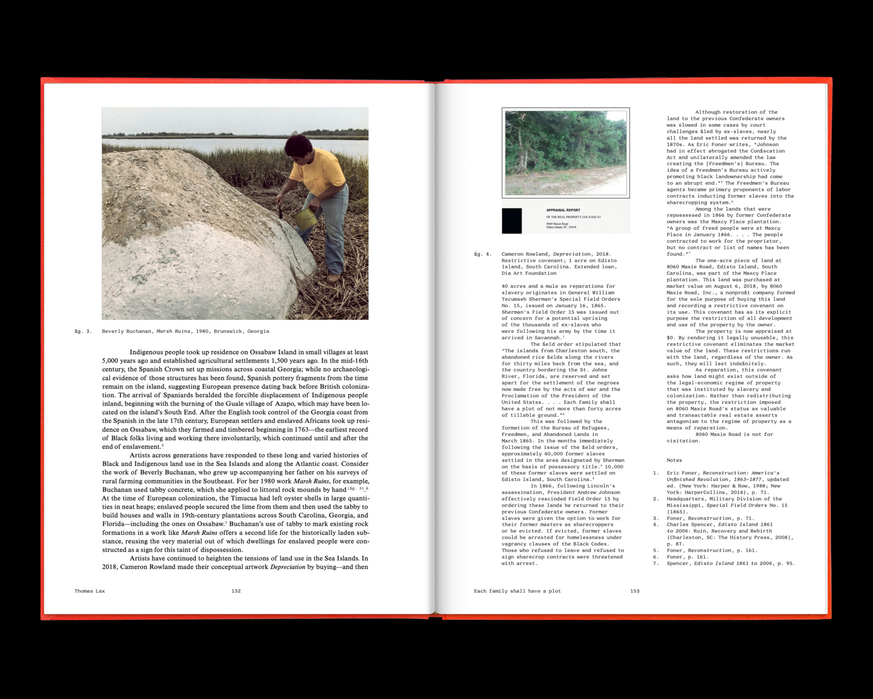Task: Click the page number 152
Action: point(236,591)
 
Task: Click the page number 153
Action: point(635,591)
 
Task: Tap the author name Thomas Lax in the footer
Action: point(90,591)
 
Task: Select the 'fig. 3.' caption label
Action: point(83,331)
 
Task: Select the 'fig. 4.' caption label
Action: point(482,254)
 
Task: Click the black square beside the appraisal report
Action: point(512,221)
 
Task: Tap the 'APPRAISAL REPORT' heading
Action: point(563,210)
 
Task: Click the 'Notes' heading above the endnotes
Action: point(674,460)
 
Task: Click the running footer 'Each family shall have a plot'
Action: point(517,591)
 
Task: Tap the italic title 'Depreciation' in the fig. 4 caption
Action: point(572,254)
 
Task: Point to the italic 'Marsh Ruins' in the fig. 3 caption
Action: point(173,331)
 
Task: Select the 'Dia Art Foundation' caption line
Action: point(529,274)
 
